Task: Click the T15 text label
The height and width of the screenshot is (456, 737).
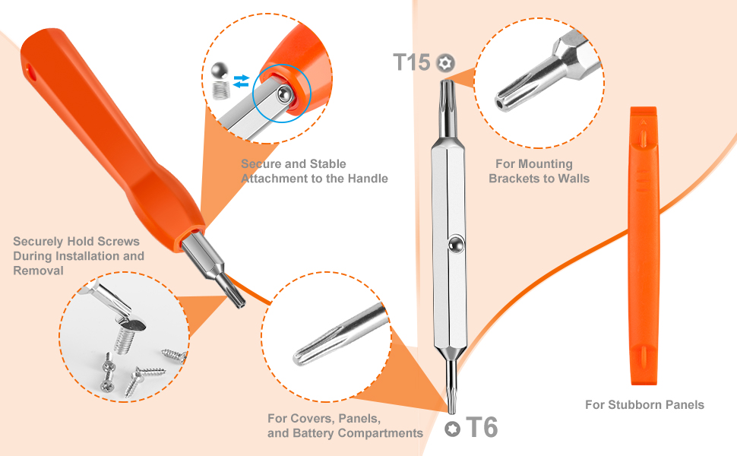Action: coord(412,62)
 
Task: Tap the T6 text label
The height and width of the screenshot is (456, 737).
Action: coord(480,428)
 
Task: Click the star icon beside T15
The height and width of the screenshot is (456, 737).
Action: coord(444,62)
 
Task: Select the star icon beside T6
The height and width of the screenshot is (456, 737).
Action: coord(453,429)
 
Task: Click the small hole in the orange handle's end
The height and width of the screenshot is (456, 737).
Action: coord(32,73)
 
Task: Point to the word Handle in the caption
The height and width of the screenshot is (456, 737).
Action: coord(368,179)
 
